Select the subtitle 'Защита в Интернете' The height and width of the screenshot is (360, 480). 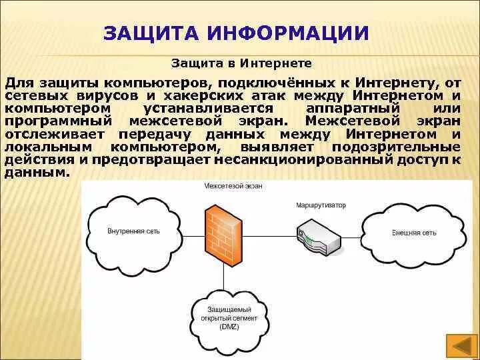(242, 64)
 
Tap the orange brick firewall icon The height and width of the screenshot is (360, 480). (224, 233)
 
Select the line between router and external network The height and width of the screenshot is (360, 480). (360, 233)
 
